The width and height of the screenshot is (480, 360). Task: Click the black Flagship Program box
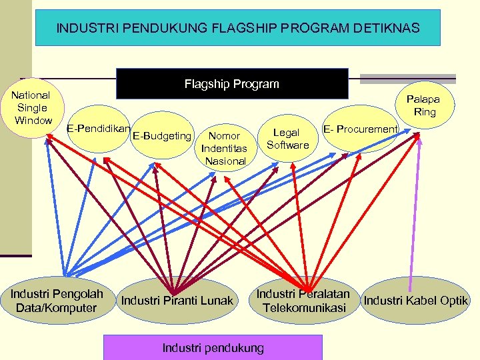(x=232, y=84)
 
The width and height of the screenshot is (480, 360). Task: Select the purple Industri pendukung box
(x=213, y=347)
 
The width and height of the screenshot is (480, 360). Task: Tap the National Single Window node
(x=32, y=108)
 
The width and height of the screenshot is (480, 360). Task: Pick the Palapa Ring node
(x=424, y=105)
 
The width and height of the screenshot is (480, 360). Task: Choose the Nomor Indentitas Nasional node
(x=225, y=148)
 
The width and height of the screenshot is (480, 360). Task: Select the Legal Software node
(x=287, y=139)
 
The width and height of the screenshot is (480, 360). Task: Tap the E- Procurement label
(x=360, y=129)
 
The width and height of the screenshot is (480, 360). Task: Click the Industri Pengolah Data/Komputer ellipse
(x=57, y=301)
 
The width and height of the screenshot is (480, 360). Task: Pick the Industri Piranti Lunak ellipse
(x=177, y=301)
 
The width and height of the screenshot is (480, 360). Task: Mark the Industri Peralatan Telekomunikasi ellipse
(x=304, y=301)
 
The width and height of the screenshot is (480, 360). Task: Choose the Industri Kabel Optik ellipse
(x=415, y=301)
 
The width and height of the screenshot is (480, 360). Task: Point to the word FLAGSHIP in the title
(x=222, y=28)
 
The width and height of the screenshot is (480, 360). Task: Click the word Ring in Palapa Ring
(x=425, y=112)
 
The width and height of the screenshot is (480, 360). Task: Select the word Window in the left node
(x=33, y=120)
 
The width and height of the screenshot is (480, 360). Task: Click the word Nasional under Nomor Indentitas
(x=225, y=161)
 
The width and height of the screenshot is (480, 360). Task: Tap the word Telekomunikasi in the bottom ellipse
(x=305, y=307)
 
